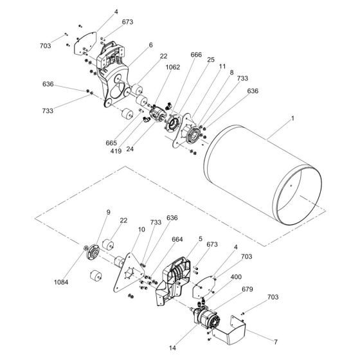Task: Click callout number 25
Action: [x=210, y=59]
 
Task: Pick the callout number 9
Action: [x=108, y=212]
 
